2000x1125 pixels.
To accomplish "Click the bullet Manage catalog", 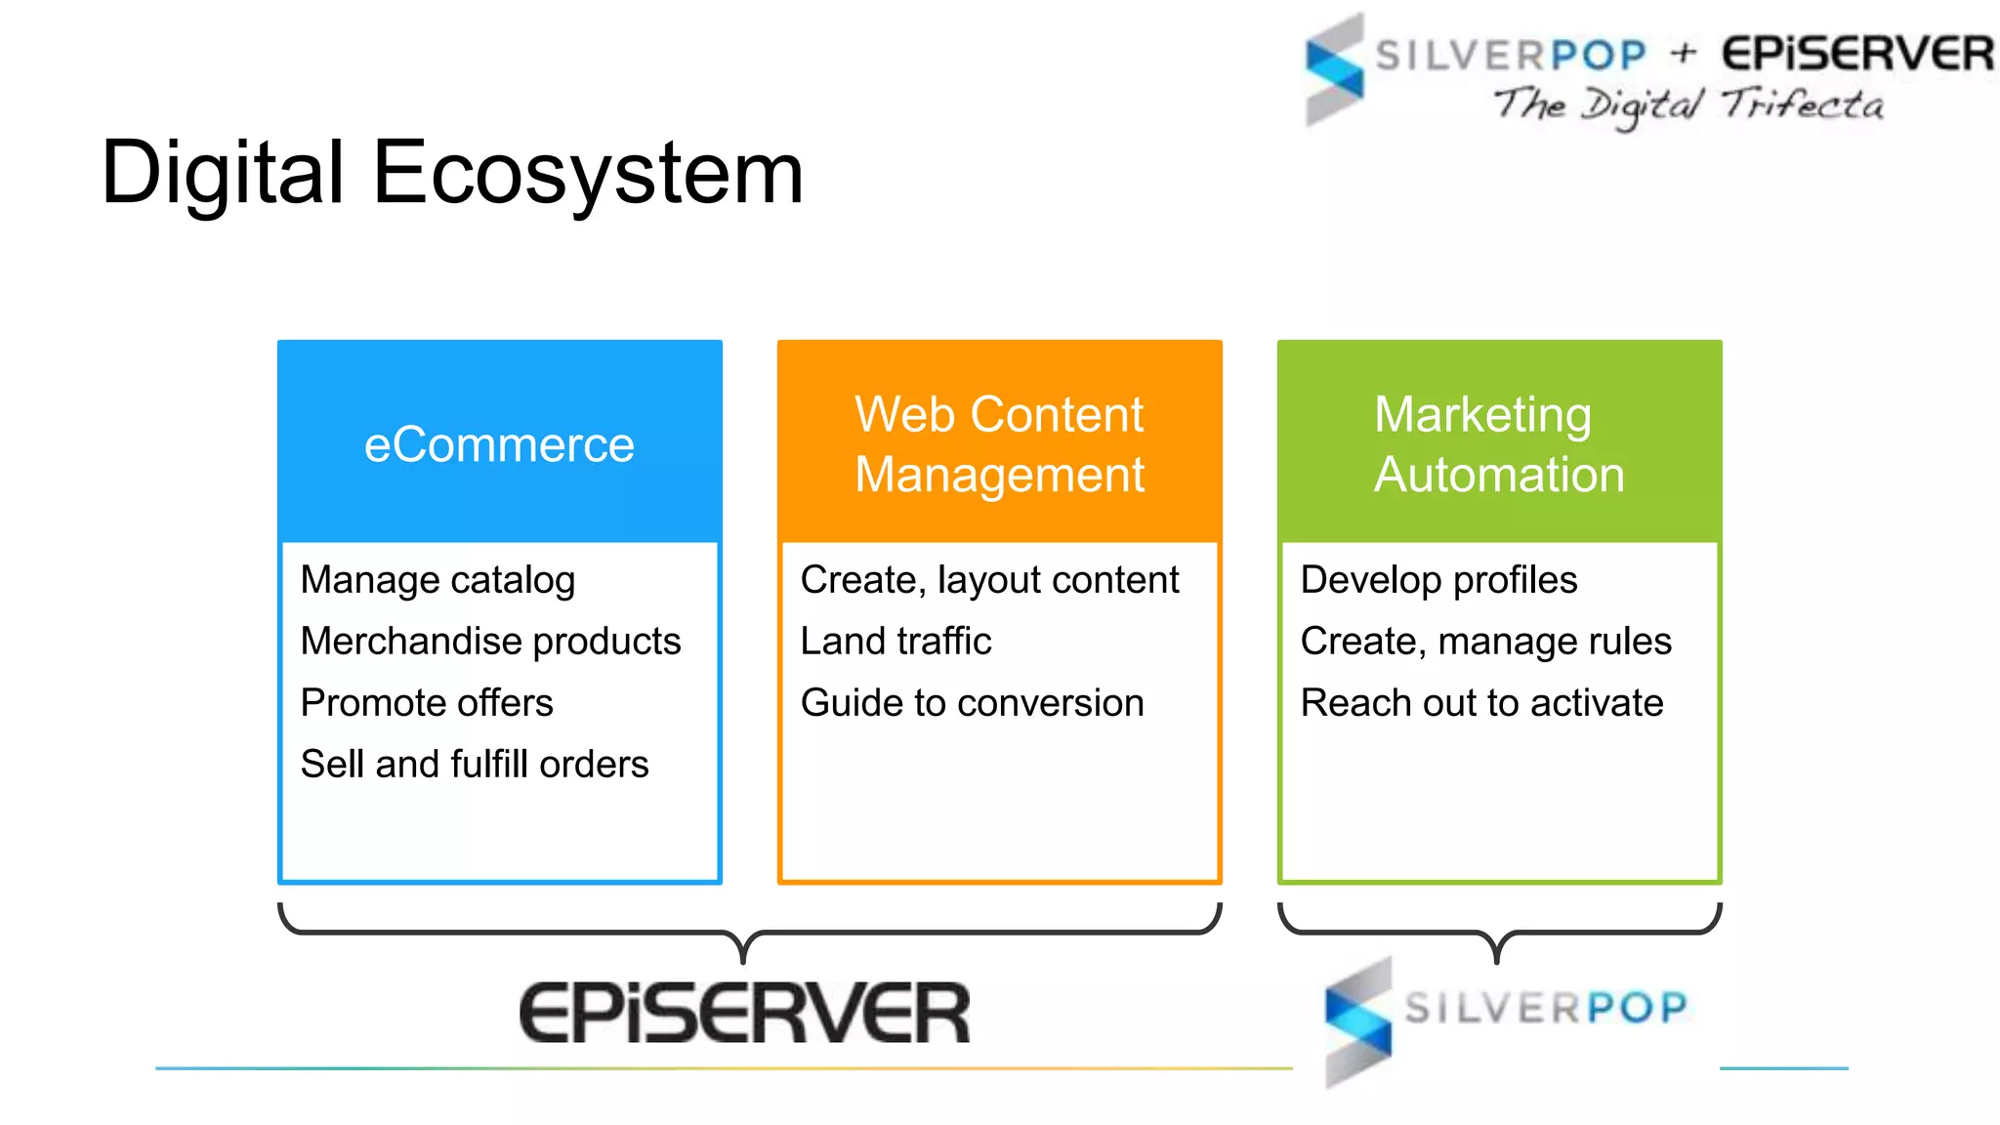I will pyautogui.click(x=437, y=580).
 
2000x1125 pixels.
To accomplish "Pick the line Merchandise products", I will pyautogui.click(x=490, y=642).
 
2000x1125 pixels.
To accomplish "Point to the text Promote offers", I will pyautogui.click(x=427, y=703).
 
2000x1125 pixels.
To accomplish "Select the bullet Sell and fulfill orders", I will pyautogui.click(x=475, y=765).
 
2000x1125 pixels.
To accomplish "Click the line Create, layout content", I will pyautogui.click(x=989, y=580).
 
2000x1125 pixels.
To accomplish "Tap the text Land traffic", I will pyautogui.click(x=896, y=642).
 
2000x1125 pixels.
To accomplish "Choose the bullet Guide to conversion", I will pyautogui.click(x=972, y=703).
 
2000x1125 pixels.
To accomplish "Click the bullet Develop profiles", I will pyautogui.click(x=1438, y=580).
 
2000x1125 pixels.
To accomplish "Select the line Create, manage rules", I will pyautogui.click(x=1485, y=642).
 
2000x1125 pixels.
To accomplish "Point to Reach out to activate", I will pyautogui.click(x=1481, y=703).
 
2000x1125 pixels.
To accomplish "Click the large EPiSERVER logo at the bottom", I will pyautogui.click(x=744, y=1014).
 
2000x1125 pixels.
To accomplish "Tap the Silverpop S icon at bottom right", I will pyautogui.click(x=1358, y=1021).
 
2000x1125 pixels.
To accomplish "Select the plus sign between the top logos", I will pyautogui.click(x=1683, y=53).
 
